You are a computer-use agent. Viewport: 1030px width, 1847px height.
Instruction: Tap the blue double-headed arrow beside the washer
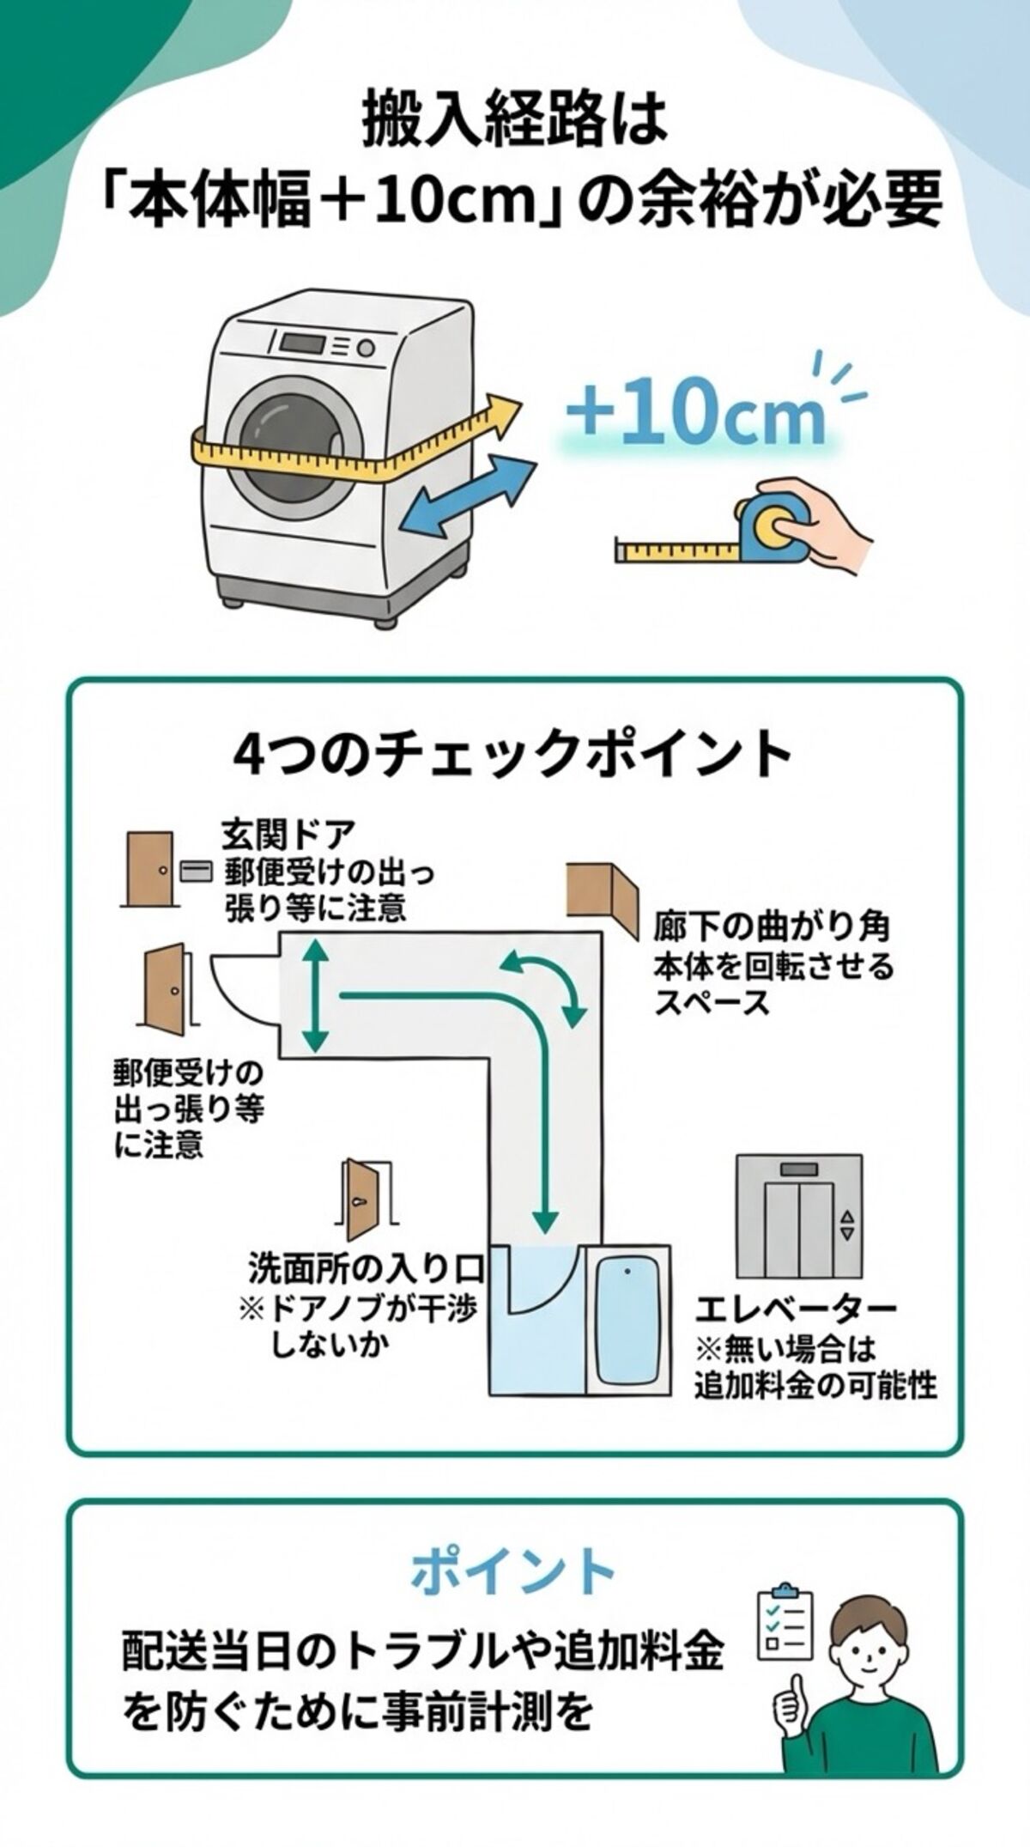point(470,498)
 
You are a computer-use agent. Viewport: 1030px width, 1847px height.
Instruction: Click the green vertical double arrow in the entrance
point(316,996)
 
